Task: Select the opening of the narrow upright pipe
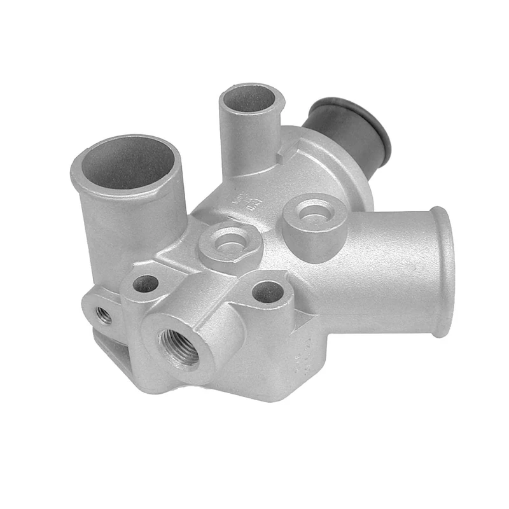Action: click(251, 99)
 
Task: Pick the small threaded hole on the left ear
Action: click(104, 314)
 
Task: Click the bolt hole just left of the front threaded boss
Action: click(146, 284)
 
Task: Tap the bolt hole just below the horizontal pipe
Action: click(268, 292)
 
